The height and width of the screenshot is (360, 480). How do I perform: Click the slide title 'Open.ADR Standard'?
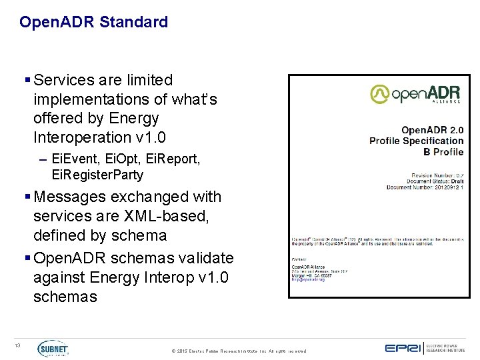coord(93,22)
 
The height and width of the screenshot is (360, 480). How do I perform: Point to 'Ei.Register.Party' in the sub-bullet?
coord(97,175)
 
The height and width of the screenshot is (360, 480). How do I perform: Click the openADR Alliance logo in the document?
coord(415,94)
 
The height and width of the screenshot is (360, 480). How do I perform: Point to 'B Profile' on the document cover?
coord(443,152)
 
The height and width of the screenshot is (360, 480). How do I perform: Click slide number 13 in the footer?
coord(19,345)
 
